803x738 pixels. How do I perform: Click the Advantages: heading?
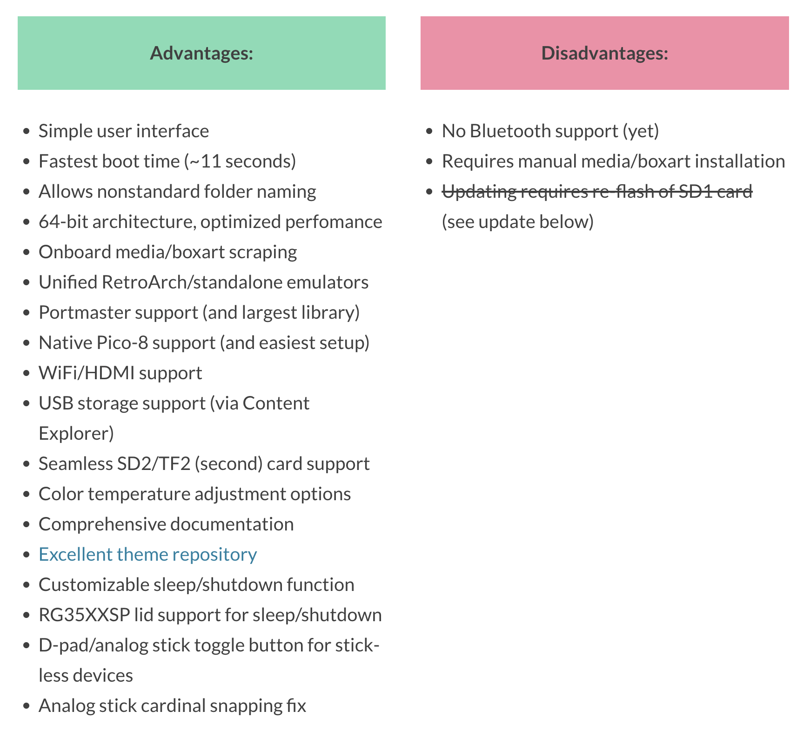point(201,53)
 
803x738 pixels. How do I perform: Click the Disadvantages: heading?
point(605,53)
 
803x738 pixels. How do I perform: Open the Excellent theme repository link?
point(148,554)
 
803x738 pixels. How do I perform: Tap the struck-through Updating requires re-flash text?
point(597,191)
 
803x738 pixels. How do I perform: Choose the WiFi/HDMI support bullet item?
point(120,373)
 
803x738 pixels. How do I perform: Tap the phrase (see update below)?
point(518,222)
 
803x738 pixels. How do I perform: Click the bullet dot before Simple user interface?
point(27,132)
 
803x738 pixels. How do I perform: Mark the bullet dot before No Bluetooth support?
point(429,132)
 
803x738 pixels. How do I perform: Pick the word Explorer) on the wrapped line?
point(76,434)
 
